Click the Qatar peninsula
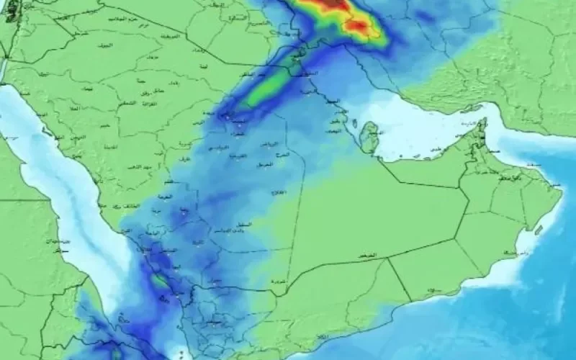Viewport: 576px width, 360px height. pos(370,137)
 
